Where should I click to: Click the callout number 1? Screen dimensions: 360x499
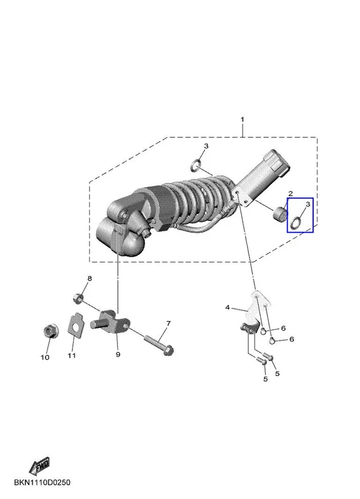tap(242, 120)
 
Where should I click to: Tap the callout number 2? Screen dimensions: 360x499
tap(290, 193)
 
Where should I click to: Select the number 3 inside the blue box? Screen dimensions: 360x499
tap(308, 205)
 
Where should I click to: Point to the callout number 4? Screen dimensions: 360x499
tap(227, 308)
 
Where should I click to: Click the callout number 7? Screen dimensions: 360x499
tap(168, 323)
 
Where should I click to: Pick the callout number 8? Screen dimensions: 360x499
tap(90, 278)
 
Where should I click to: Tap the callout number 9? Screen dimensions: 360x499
tap(118, 354)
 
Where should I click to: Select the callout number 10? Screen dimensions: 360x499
tap(45, 357)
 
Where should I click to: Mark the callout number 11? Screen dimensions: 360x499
tap(72, 355)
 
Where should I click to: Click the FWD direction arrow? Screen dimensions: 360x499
tap(39, 466)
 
